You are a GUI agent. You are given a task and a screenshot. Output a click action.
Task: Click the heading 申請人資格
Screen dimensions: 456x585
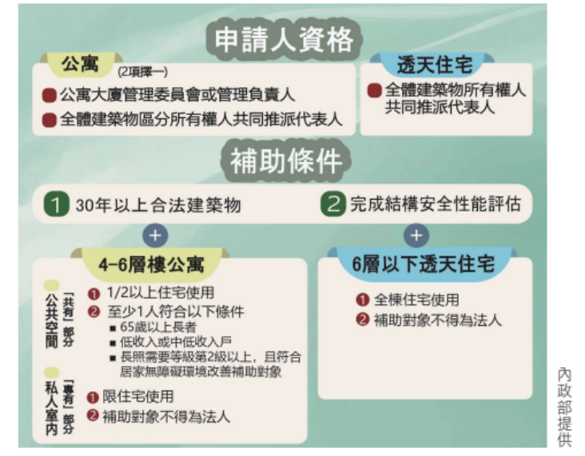click(x=285, y=38)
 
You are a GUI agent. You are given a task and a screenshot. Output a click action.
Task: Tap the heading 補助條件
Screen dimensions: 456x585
click(x=285, y=161)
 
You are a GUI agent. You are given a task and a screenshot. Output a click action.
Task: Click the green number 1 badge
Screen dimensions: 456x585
click(x=55, y=204)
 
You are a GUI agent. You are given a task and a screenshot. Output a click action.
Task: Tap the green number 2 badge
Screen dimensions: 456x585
click(x=332, y=204)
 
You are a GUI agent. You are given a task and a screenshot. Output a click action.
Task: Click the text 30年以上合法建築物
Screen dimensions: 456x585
click(x=157, y=205)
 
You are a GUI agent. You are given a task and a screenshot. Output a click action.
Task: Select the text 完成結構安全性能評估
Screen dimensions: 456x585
click(x=435, y=204)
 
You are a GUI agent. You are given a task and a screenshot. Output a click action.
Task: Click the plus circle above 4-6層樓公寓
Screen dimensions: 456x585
click(x=156, y=236)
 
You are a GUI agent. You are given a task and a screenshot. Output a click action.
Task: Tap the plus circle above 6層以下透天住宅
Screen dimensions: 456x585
click(x=414, y=236)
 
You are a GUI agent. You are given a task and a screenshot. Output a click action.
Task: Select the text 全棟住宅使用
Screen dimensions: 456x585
click(x=415, y=301)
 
